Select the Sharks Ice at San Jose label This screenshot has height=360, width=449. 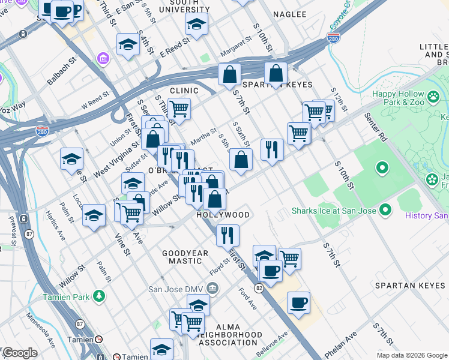coord(334,211)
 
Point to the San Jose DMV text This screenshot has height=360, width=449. coord(173,289)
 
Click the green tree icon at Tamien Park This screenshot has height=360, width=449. coord(99,296)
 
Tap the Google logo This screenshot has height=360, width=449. coord(19,353)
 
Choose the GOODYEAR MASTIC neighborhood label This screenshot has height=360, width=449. coord(185,257)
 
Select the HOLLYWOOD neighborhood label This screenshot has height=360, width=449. coord(223,215)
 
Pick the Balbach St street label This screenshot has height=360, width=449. coord(63,71)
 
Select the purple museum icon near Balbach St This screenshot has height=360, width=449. coord(102,58)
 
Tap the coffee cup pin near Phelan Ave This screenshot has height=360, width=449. coord(298,302)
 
